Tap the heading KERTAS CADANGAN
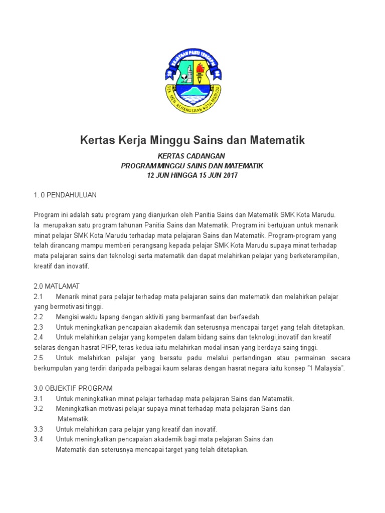pos(192,156)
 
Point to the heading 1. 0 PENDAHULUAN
pos(65,194)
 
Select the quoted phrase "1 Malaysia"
pos(326,368)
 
